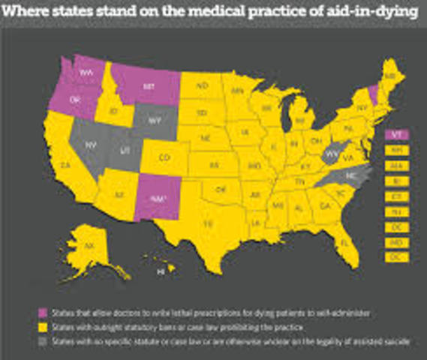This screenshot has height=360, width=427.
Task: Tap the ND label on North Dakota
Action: click(x=202, y=87)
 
